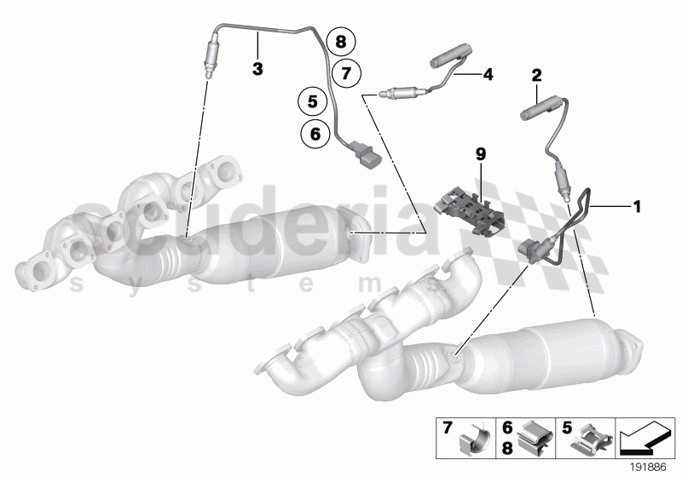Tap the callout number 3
point(256,66)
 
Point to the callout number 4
point(488,75)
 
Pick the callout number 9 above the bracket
point(480,154)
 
